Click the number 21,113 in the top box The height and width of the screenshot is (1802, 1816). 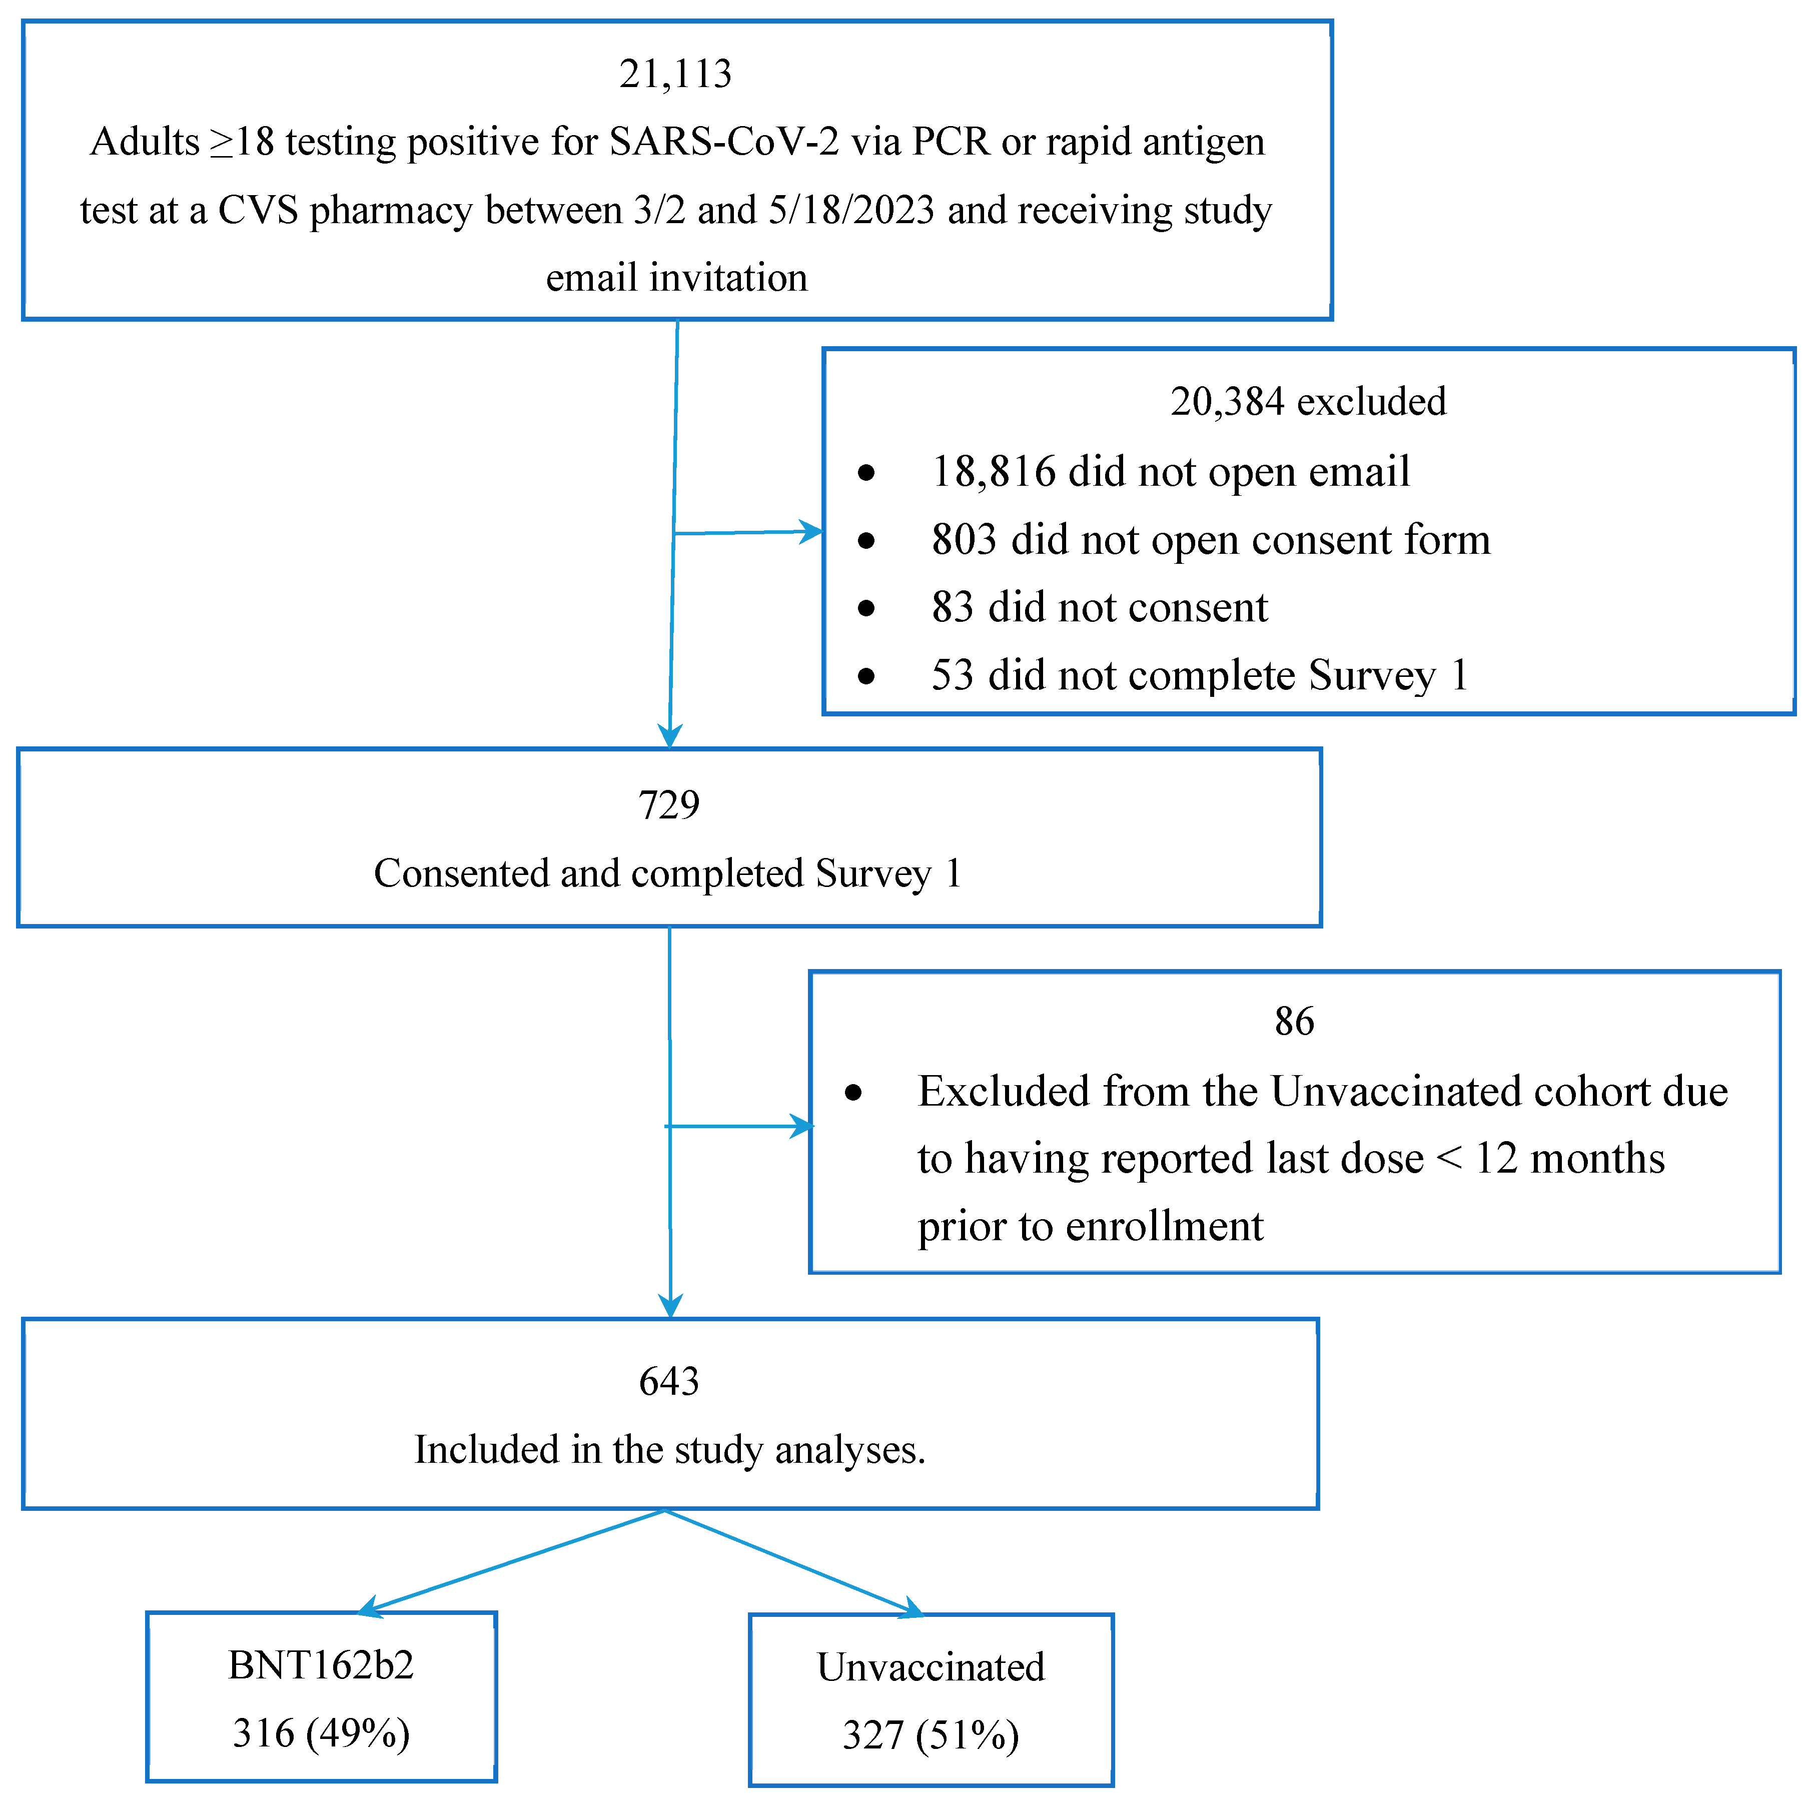pos(675,74)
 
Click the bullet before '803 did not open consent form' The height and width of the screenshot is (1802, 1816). pos(866,540)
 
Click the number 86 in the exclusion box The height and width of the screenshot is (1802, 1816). pos(1294,1022)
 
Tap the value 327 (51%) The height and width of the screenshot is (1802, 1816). pos(931,1735)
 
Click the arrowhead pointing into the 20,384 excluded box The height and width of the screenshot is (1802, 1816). pos(811,532)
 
